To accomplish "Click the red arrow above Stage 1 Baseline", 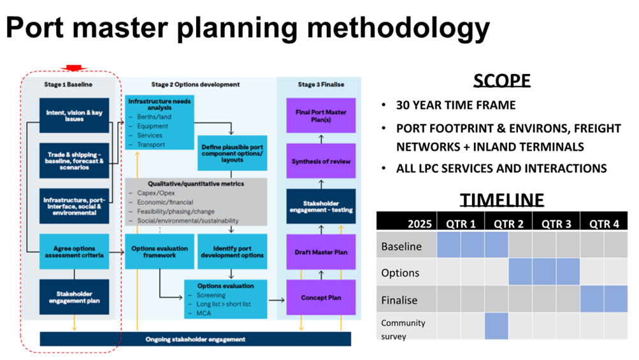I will tap(75, 68).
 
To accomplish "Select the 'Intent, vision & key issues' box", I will tap(74, 115).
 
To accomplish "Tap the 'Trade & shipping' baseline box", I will tap(74, 160).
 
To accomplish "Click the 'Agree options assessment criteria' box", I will tap(74, 252).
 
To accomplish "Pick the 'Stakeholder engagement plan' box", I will tap(74, 297).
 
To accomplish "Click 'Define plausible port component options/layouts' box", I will tap(233, 153).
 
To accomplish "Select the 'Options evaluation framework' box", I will tap(159, 252).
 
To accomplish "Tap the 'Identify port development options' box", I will tap(233, 252).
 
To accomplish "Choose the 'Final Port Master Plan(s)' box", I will tap(320, 115).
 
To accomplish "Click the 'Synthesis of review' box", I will tap(320, 161).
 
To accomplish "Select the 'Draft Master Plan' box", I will tap(320, 252).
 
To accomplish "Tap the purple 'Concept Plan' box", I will tap(320, 298).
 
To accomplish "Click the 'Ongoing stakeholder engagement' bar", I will tap(195, 339).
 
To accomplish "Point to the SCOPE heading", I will tap(501, 80).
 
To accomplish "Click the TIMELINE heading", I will tap(502, 199).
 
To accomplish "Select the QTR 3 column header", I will tap(556, 223).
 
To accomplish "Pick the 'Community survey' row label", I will tap(403, 328).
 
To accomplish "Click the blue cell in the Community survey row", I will tap(496, 327).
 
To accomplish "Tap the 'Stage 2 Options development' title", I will tap(196, 84).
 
